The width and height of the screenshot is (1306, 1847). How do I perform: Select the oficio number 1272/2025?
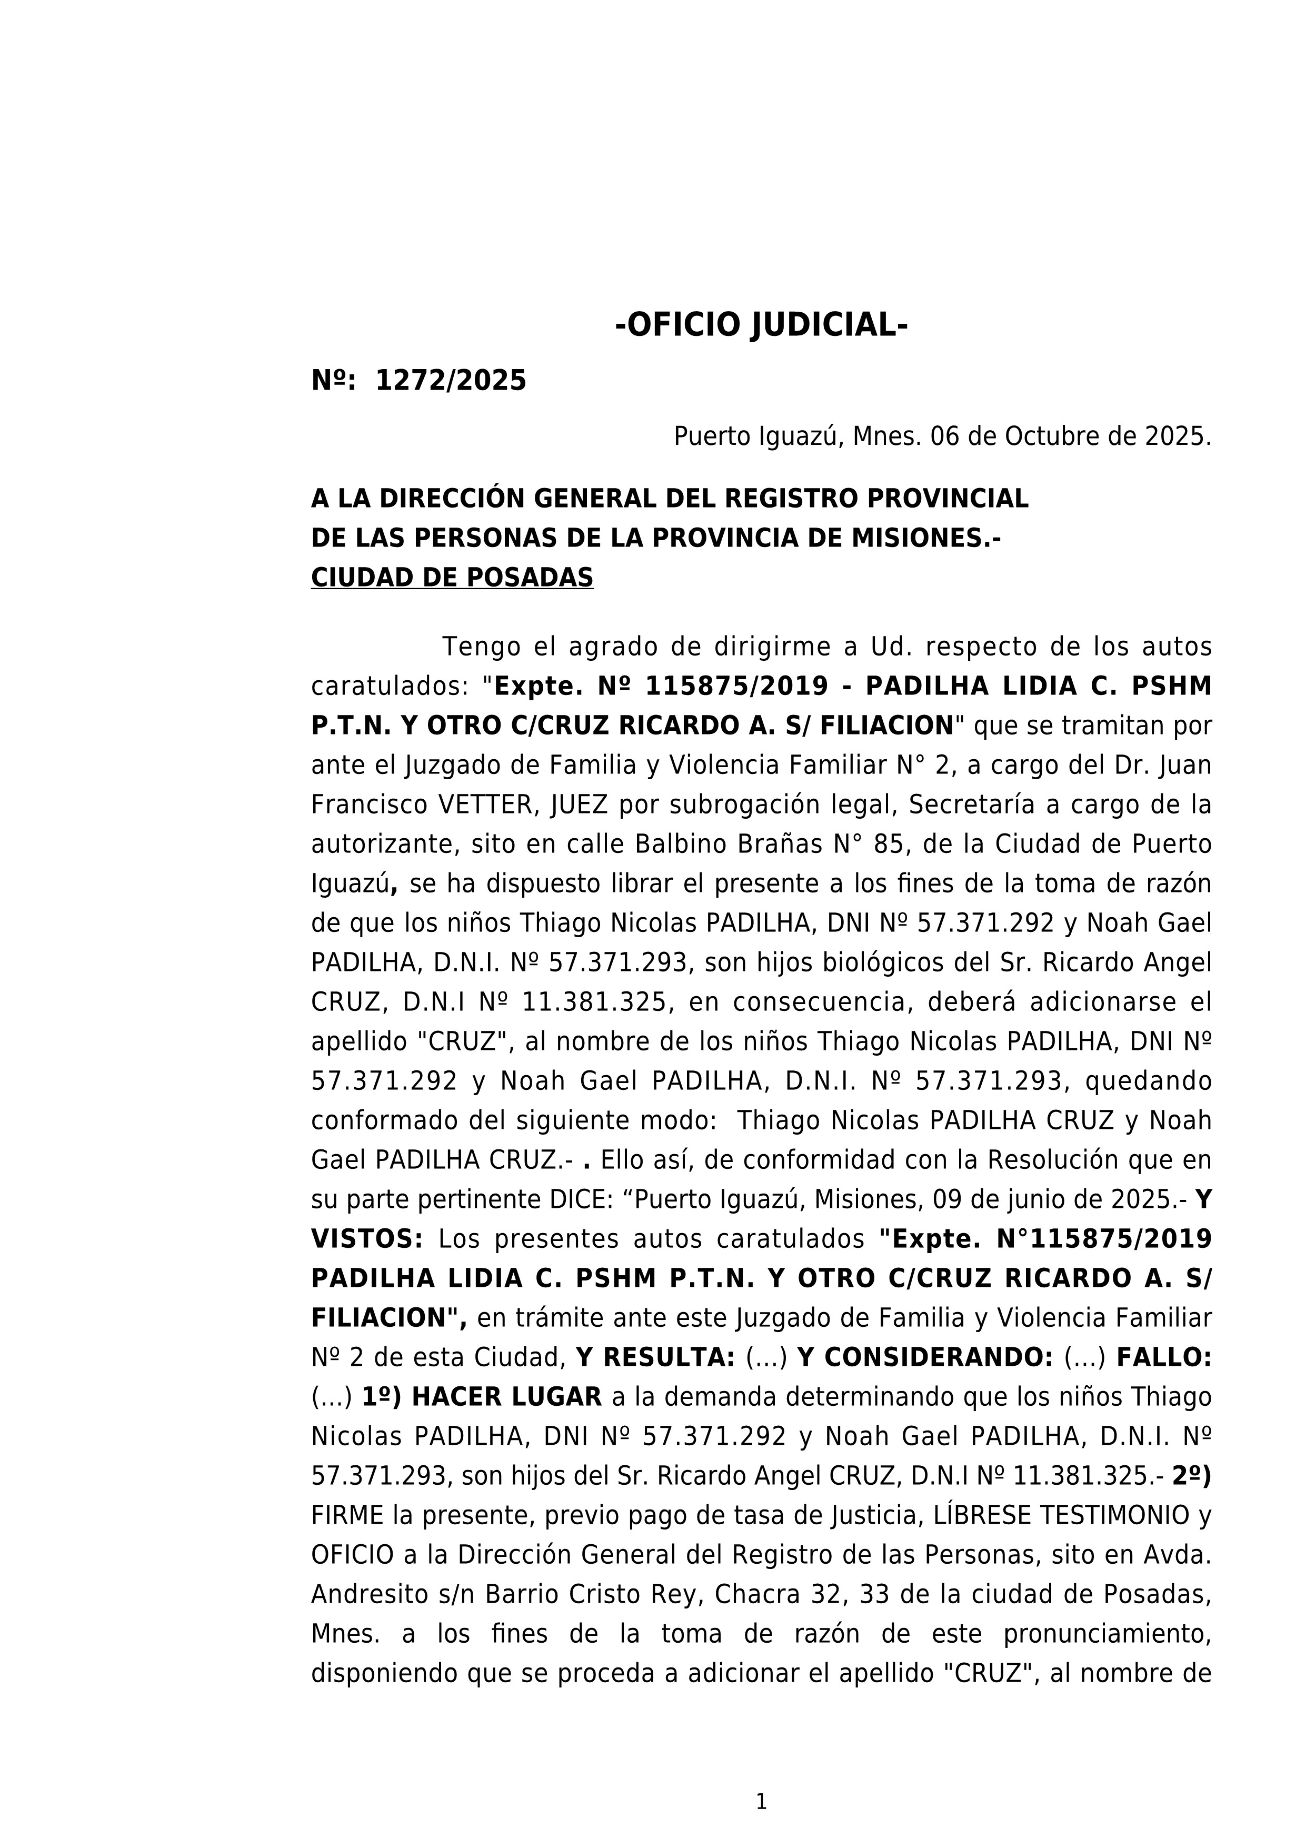click(451, 381)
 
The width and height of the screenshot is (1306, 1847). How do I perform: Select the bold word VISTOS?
click(367, 1239)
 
